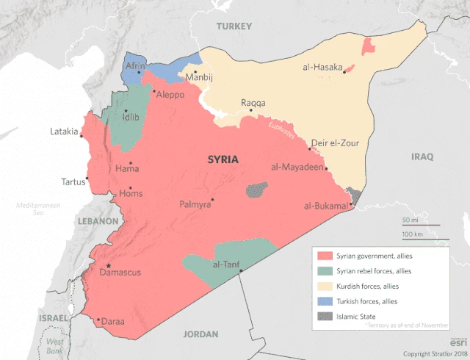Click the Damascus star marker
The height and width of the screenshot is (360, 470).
click(x=109, y=265)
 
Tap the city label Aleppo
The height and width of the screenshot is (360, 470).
click(x=170, y=96)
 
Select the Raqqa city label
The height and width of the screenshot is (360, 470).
click(x=253, y=103)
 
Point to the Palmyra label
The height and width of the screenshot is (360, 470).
click(x=195, y=205)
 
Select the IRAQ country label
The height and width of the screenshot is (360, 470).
click(x=422, y=156)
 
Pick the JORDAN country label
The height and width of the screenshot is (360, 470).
click(x=200, y=334)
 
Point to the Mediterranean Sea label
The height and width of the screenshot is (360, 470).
click(x=37, y=208)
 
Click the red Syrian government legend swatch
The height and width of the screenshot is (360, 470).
click(x=322, y=256)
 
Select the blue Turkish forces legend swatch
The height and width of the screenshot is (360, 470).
click(x=322, y=301)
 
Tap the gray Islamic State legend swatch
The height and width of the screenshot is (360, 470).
click(x=322, y=316)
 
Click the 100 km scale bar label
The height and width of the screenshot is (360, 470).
click(x=412, y=234)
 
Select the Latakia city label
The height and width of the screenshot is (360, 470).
click(x=64, y=132)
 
